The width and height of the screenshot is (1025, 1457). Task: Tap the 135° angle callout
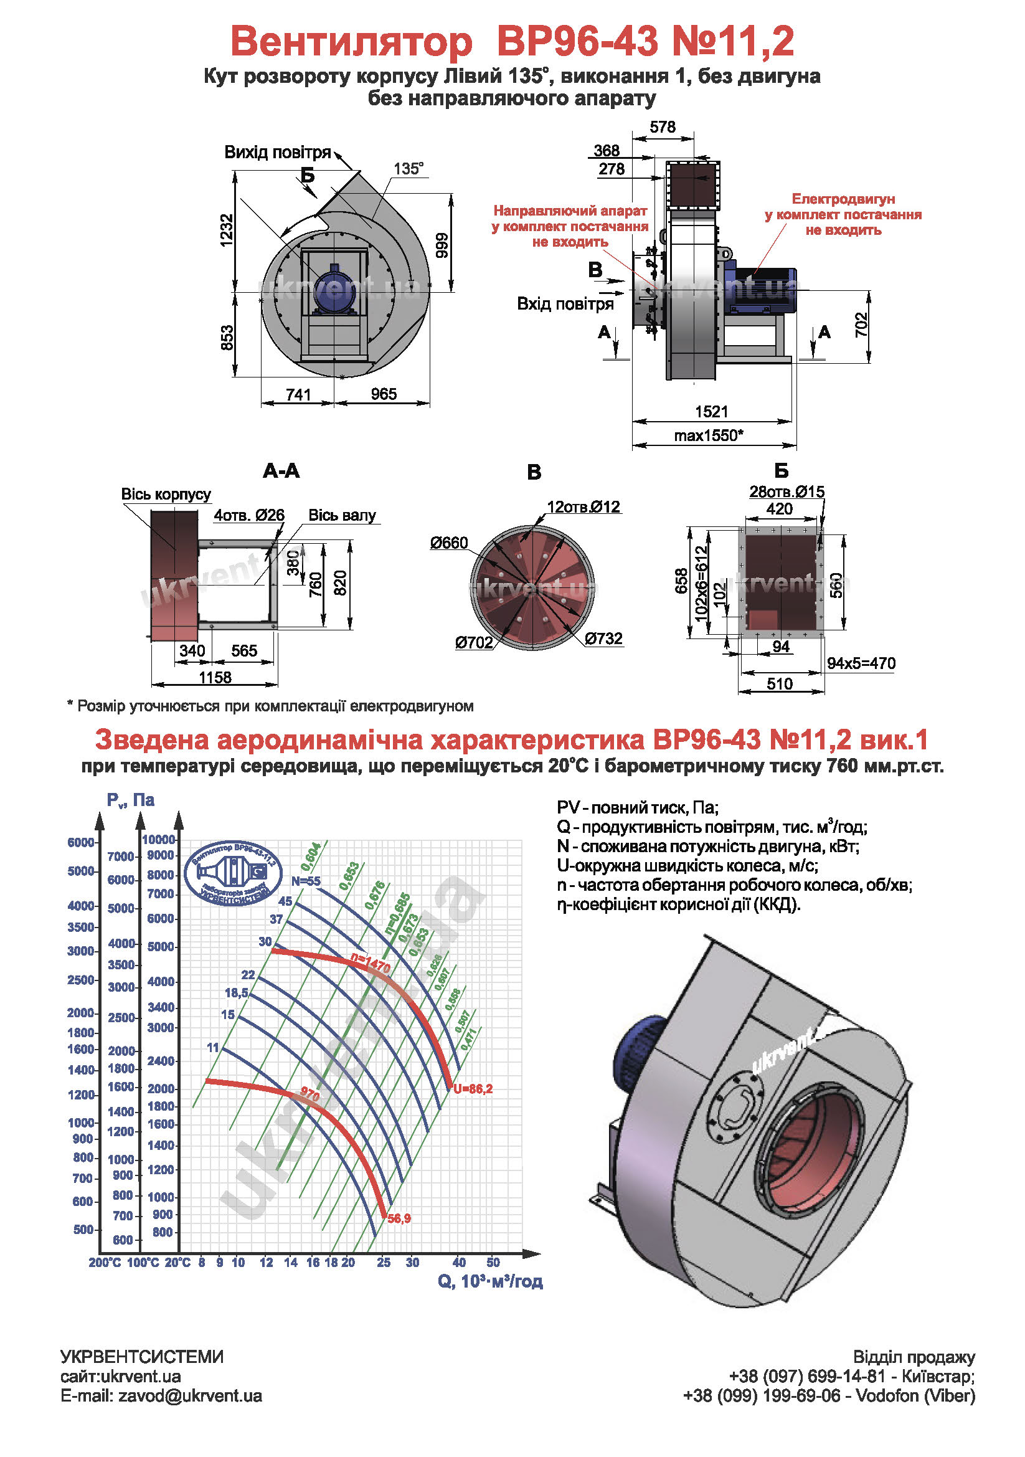pos(408,169)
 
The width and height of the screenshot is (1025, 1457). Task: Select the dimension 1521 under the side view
pos(711,411)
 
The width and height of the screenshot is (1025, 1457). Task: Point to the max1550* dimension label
pos(708,435)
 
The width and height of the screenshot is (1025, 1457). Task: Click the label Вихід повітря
pos(278,152)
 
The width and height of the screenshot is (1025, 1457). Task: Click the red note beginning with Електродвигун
pos(843,214)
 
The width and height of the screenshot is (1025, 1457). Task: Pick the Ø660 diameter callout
pos(448,543)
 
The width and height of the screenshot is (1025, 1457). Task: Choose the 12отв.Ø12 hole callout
pos(583,506)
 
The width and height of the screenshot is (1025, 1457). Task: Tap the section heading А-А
pos(281,470)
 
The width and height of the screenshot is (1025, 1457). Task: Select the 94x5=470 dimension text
pos(861,663)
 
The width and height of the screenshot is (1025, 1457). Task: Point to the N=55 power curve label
pos(306,881)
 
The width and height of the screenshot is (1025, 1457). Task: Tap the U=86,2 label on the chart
pos(473,1089)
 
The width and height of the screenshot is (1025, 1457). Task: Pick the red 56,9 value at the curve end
pos(399,1218)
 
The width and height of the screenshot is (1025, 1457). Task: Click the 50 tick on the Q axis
pos(493,1262)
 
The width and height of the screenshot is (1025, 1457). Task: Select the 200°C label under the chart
pos(105,1263)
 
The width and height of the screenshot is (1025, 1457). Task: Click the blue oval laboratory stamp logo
pos(234,873)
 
